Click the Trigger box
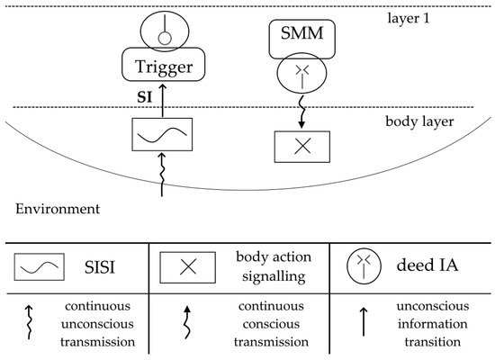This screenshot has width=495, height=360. (x=163, y=67)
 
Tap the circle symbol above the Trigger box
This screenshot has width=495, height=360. (x=163, y=28)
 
